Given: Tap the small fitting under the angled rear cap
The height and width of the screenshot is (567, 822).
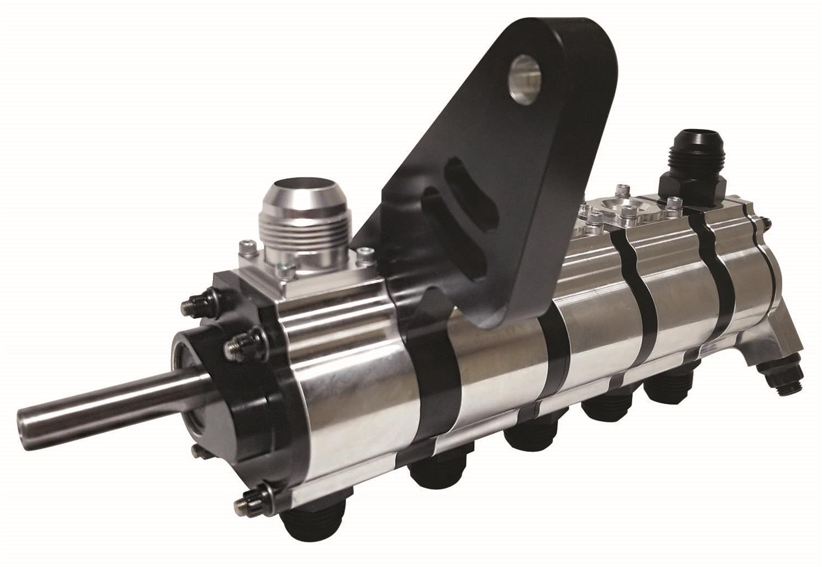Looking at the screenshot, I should tap(781, 381).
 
